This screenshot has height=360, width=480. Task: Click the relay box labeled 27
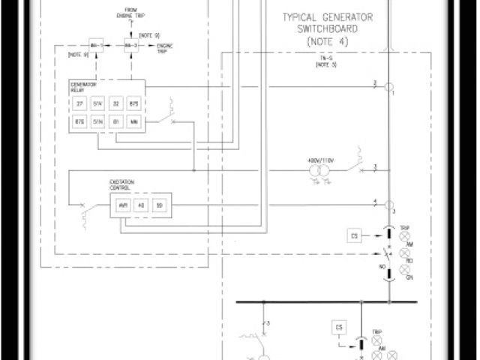click(80, 103)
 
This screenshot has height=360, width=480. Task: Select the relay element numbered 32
click(116, 103)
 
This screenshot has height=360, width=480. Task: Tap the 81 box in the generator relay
click(116, 121)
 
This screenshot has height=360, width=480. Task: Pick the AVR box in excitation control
click(123, 205)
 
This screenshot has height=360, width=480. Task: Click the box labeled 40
click(140, 205)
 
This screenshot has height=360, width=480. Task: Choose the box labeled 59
click(158, 205)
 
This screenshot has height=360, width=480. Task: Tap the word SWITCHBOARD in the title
click(327, 30)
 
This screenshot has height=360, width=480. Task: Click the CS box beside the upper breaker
click(355, 236)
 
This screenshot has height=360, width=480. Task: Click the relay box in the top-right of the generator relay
click(134, 103)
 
